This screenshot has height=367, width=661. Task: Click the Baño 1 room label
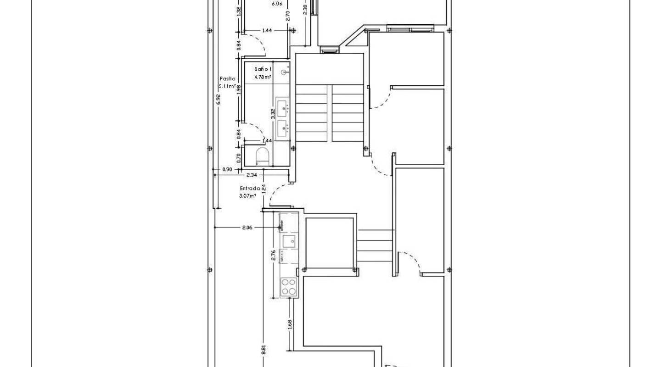coord(263,69)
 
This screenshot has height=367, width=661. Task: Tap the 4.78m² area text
coord(263,78)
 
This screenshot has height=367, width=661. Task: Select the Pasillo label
coord(227,79)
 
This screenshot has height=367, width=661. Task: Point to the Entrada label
coord(250,188)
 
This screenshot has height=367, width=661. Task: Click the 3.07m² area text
coord(247,196)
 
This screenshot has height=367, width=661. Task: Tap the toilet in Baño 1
coord(262,156)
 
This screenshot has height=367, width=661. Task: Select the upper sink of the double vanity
coord(282,106)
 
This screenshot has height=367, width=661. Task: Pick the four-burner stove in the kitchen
coord(289,287)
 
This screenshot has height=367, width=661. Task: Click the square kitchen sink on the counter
coord(289,241)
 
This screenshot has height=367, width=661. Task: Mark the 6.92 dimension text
coord(218,99)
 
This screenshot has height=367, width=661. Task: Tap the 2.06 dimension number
coord(248,228)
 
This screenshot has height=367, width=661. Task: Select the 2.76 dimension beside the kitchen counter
coord(274,256)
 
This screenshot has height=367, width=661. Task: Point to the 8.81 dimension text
coord(263,350)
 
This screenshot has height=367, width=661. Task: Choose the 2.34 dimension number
coord(252,175)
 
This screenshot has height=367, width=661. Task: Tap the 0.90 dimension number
coord(227,169)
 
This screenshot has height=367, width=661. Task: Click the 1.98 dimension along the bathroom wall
coord(239,90)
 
